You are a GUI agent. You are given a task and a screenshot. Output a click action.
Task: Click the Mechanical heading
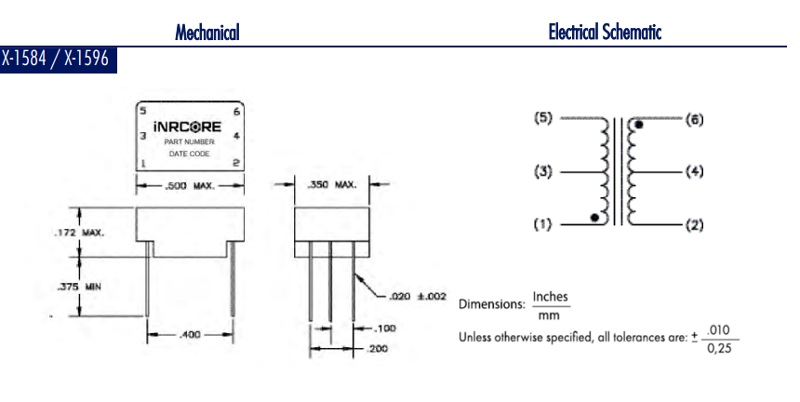tap(207, 33)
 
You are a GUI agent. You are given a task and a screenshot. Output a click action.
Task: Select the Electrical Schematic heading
tap(605, 33)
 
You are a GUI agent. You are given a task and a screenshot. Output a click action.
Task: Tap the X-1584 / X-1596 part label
tap(56, 60)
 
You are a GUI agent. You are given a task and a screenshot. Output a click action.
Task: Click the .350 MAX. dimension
tap(332, 185)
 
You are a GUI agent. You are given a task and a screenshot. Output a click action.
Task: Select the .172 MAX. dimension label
tap(78, 233)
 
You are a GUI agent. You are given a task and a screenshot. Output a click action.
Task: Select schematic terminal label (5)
tap(544, 118)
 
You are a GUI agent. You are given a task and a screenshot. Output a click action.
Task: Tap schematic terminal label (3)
tap(544, 172)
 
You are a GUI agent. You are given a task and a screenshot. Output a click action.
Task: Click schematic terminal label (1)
tap(544, 224)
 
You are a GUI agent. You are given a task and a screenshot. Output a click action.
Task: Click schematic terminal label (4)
tap(695, 172)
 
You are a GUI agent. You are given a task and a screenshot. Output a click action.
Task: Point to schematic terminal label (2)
tap(695, 224)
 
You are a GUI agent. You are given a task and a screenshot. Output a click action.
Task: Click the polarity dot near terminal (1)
tap(595, 219)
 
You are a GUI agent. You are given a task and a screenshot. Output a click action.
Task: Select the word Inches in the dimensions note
tap(550, 298)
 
